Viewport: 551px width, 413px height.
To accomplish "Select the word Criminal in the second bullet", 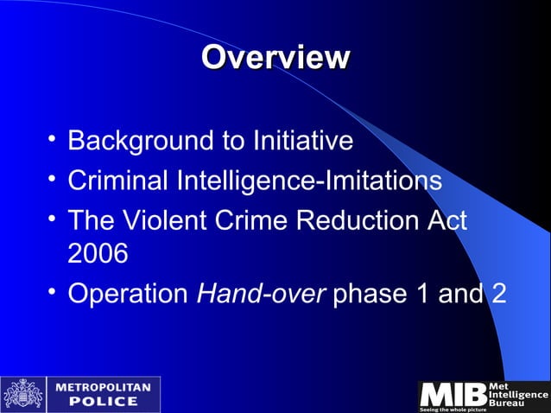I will point(118,181).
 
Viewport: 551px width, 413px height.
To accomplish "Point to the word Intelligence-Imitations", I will point(309,181).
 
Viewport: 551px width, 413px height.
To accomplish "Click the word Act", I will point(446,221).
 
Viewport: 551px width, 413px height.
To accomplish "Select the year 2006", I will point(97,253).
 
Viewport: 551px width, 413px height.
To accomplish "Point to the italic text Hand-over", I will point(261,294).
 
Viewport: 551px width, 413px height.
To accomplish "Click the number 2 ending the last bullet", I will point(498,294).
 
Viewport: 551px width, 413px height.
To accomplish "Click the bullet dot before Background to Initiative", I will point(53,138).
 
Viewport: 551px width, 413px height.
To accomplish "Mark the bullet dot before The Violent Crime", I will point(53,219).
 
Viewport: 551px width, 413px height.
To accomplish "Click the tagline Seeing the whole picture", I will point(454,409).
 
